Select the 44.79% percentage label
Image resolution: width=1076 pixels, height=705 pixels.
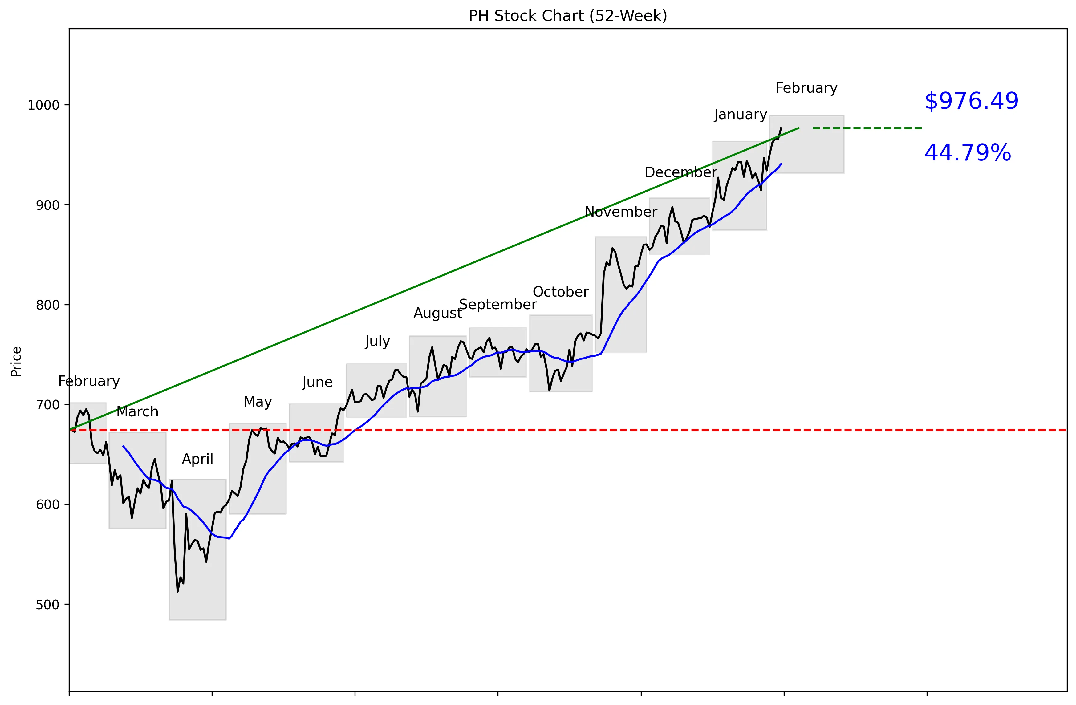(x=968, y=153)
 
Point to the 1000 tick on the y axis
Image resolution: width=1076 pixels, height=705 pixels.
(x=44, y=105)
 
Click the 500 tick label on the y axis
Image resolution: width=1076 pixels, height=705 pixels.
(x=47, y=605)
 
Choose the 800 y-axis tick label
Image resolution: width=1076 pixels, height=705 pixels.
(x=47, y=305)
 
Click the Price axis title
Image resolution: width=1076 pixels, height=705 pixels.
(x=16, y=362)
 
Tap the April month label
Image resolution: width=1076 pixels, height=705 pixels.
(x=197, y=459)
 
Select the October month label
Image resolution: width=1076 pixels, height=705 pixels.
(x=561, y=292)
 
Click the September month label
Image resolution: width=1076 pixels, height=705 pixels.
(x=498, y=305)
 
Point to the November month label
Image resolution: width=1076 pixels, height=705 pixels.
(x=621, y=212)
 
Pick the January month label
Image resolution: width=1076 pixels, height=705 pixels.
(x=741, y=115)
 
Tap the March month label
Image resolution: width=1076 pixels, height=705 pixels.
(x=137, y=412)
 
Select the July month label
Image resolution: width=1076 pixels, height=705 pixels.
(x=377, y=341)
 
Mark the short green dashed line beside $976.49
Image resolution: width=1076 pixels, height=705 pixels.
(x=867, y=128)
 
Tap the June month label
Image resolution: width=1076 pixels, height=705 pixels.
(x=317, y=382)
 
